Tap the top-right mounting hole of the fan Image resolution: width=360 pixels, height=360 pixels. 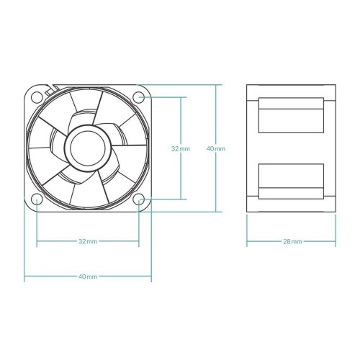pyautogui.click(x=139, y=96)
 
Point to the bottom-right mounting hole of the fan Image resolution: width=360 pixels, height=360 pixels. pyautogui.click(x=139, y=199)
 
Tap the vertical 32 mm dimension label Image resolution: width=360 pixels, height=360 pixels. pyautogui.click(x=180, y=148)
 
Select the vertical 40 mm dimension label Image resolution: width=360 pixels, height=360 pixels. pyautogui.click(x=215, y=148)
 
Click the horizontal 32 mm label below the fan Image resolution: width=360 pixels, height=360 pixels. pyautogui.click(x=88, y=241)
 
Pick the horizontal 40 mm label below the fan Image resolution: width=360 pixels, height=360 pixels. pyautogui.click(x=88, y=276)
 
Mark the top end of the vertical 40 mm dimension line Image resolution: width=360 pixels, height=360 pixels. pyautogui.click(x=215, y=84)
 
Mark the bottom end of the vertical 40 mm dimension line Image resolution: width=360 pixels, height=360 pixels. pyautogui.click(x=215, y=212)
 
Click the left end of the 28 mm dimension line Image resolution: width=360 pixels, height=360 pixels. pyautogui.click(x=247, y=241)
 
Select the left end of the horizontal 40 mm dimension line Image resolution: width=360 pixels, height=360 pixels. pyautogui.click(x=24, y=276)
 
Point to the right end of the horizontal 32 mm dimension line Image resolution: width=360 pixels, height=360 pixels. pyautogui.click(x=139, y=241)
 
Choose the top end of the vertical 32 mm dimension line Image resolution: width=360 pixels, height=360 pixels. pyautogui.click(x=180, y=96)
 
